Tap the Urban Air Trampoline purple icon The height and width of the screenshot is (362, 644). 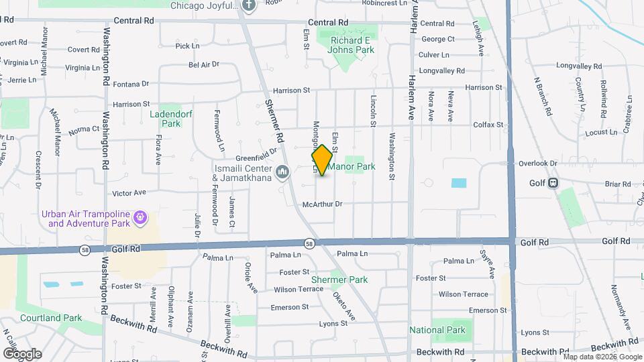140,217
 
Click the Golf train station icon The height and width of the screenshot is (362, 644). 553,182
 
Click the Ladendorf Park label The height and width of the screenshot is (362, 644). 172,119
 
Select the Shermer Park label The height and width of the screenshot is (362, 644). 339,280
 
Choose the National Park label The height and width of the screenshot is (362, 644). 437,330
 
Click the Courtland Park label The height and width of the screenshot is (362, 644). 50,318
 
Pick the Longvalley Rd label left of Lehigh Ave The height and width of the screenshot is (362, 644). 441,70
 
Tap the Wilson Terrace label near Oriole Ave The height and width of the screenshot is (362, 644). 299,290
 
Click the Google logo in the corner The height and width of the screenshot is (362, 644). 22,353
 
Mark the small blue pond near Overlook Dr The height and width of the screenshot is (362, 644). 459,183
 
